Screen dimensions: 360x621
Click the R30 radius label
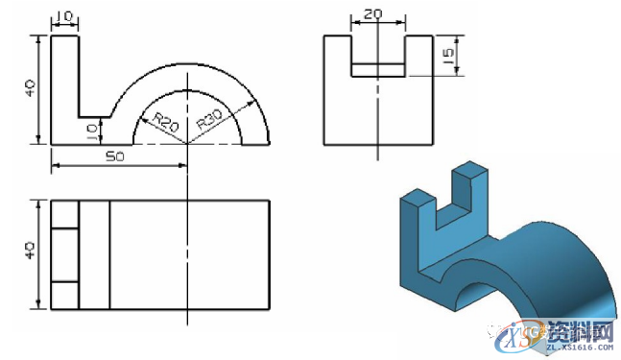point(210,120)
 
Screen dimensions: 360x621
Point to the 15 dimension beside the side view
point(448,57)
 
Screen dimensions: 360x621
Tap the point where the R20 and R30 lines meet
point(186,144)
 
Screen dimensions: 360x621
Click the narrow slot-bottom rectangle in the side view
point(378,70)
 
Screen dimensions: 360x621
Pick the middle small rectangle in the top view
point(64,254)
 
